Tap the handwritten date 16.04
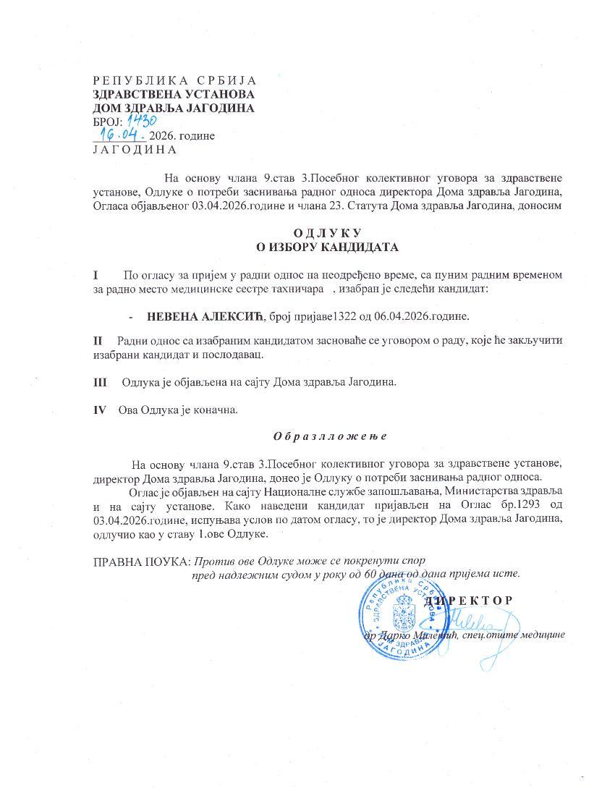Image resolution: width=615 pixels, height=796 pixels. [x=124, y=135]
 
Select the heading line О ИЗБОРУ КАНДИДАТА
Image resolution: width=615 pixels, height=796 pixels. [x=328, y=247]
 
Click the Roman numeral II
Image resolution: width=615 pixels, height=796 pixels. [x=98, y=340]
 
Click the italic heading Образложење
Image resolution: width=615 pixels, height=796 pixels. [x=330, y=436]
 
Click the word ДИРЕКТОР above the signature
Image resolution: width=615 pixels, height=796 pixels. [x=469, y=600]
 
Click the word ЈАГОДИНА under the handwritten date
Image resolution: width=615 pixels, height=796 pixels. [x=135, y=150]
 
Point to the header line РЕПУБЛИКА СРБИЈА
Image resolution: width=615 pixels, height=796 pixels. [x=174, y=80]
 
